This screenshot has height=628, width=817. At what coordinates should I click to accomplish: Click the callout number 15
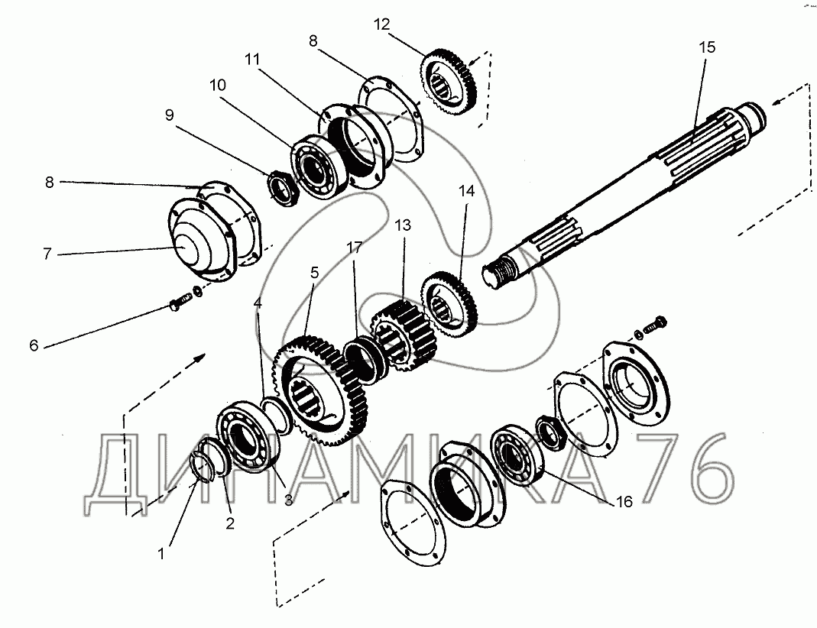pyautogui.click(x=707, y=47)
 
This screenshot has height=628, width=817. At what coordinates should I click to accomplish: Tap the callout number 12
pyautogui.click(x=381, y=24)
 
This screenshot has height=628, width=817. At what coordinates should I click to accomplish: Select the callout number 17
pyautogui.click(x=355, y=247)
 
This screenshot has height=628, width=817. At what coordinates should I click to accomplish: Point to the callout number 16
pyautogui.click(x=624, y=501)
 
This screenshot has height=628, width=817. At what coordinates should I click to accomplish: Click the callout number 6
pyautogui.click(x=34, y=345)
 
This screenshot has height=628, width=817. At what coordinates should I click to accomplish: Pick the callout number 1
pyautogui.click(x=161, y=554)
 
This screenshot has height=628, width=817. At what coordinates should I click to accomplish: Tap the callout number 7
pyautogui.click(x=47, y=254)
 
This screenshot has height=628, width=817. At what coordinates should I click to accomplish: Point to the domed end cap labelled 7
pyautogui.click(x=204, y=241)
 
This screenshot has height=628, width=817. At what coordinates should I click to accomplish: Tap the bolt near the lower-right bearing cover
pyautogui.click(x=656, y=325)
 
